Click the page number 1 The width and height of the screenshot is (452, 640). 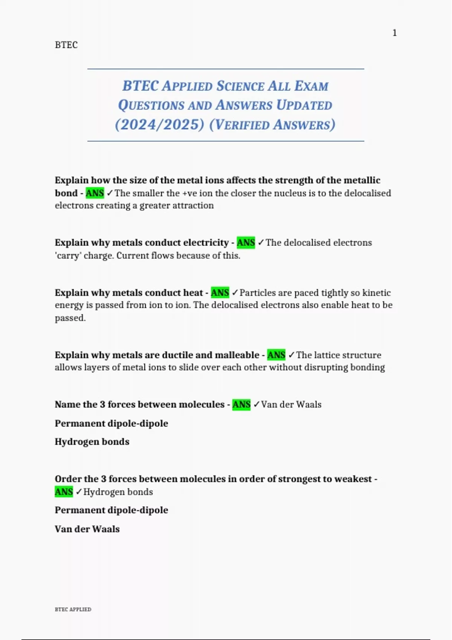[394, 33]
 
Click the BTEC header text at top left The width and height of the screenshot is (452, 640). [66, 45]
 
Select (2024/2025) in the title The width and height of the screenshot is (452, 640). [159, 125]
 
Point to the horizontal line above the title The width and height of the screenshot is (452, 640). [226, 69]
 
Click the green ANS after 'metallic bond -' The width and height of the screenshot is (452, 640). [95, 193]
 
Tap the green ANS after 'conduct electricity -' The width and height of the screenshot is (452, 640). [246, 242]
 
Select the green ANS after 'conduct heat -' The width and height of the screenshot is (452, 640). [220, 293]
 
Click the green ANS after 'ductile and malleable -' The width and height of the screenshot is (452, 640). [276, 355]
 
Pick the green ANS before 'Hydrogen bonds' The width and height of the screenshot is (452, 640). [64, 492]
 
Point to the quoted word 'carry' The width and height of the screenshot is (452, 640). [68, 256]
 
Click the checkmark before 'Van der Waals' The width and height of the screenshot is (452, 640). [257, 404]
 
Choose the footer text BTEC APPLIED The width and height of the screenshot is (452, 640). [73, 609]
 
